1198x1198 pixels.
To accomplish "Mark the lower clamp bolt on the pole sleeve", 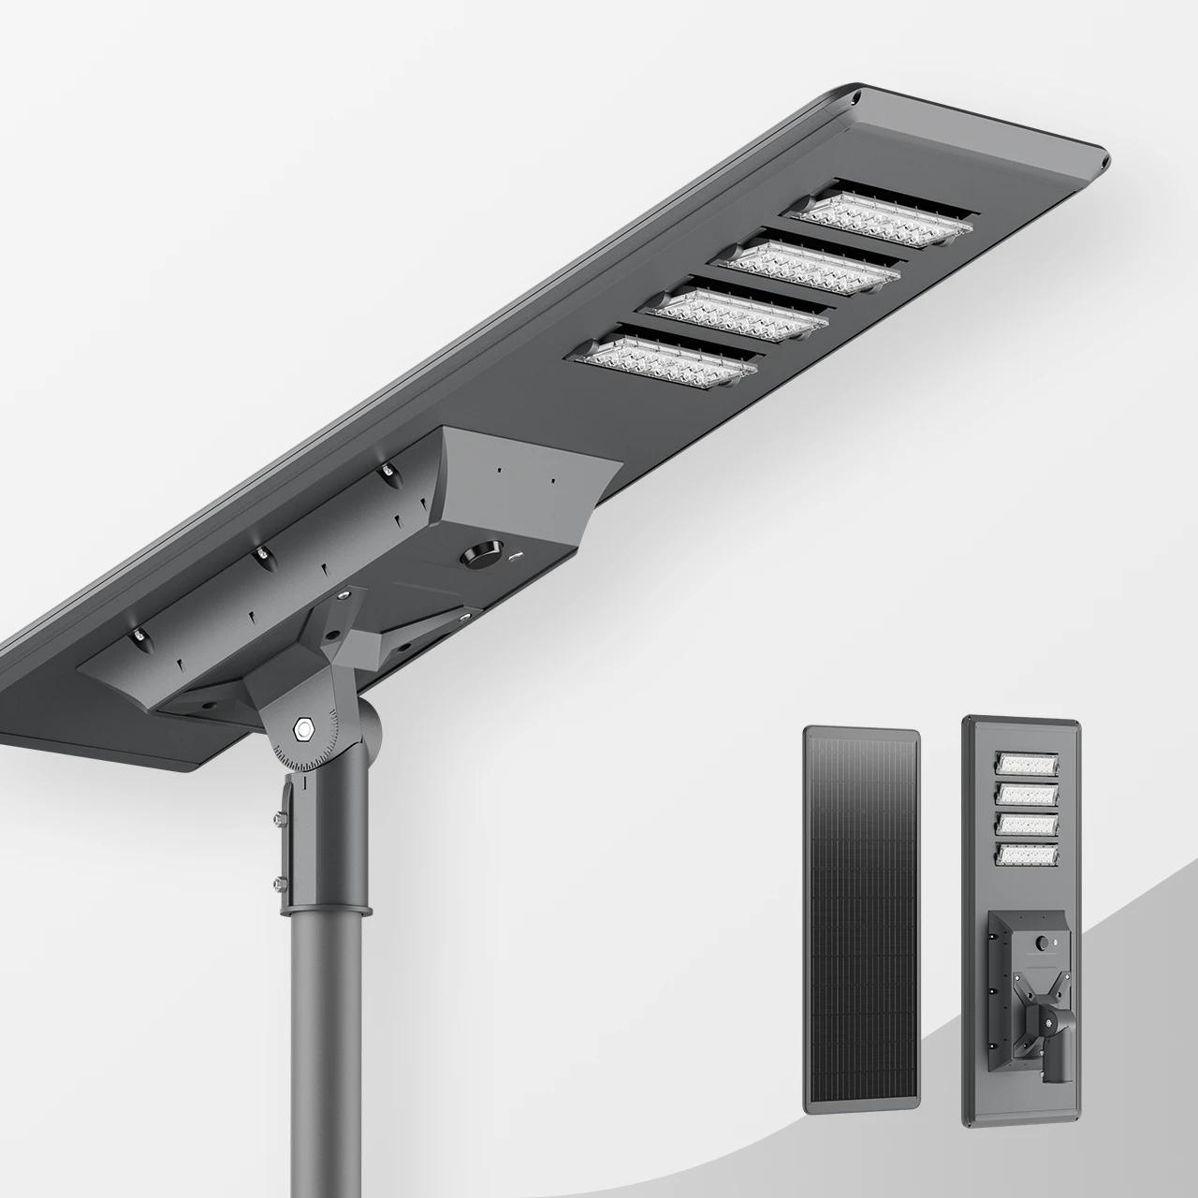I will [x=278, y=882].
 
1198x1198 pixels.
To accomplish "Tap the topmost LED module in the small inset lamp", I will [x=1028, y=764].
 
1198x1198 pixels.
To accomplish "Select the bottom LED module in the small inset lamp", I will [x=1028, y=855].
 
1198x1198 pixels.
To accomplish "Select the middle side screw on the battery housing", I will [x=265, y=555].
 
